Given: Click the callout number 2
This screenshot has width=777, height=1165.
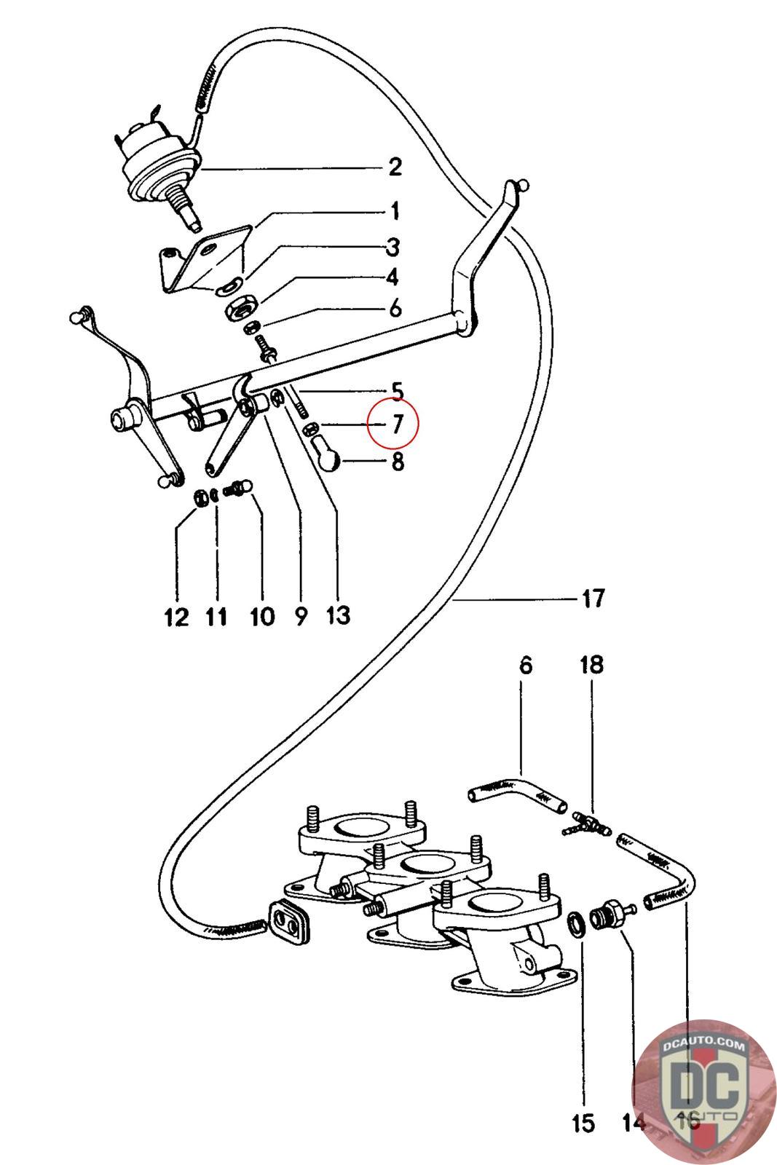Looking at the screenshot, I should pyautogui.click(x=395, y=167).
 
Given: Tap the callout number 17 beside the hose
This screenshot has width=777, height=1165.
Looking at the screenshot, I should pyautogui.click(x=593, y=599).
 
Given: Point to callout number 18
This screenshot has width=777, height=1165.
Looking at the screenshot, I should pyautogui.click(x=591, y=665).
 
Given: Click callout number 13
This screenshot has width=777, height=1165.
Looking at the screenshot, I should pyautogui.click(x=338, y=616).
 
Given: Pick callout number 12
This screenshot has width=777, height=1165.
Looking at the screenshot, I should pyautogui.click(x=176, y=617).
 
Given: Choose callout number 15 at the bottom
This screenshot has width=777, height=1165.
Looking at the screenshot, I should pyautogui.click(x=583, y=1123).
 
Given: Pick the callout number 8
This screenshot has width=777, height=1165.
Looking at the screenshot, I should pyautogui.click(x=398, y=462).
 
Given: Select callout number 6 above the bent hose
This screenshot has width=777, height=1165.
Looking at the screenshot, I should pyautogui.click(x=526, y=665).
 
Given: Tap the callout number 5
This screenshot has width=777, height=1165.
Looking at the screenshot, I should pyautogui.click(x=397, y=392).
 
